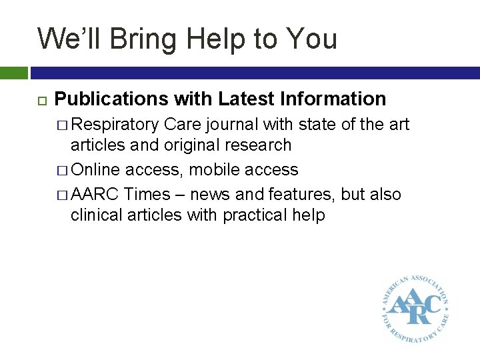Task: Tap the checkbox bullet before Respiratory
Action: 62,125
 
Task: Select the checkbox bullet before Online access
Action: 62,170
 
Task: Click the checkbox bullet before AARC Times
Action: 62,195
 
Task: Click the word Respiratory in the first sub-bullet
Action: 115,125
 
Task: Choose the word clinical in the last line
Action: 98,215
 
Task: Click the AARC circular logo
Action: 415,306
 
